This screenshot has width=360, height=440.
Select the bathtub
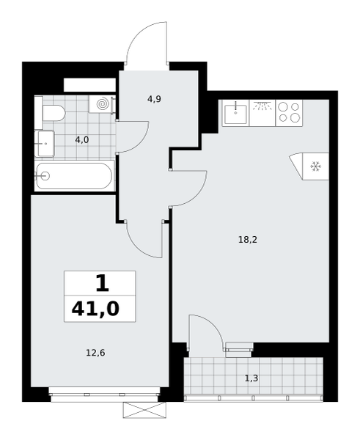click(75, 176)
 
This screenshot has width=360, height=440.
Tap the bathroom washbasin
click(45, 144)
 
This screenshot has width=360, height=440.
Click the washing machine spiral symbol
click(102, 104)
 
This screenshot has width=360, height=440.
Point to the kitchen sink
click(235, 113)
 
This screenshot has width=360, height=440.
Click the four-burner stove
click(289, 113)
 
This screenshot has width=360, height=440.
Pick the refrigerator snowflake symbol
click(316, 166)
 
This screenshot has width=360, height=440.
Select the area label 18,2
click(248, 240)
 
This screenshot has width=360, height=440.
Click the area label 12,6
click(95, 353)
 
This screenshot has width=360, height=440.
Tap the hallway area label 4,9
click(154, 99)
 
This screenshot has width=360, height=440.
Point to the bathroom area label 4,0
click(82, 139)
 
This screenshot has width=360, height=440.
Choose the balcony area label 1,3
click(251, 378)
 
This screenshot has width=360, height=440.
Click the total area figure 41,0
click(95, 309)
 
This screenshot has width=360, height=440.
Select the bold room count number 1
click(102, 283)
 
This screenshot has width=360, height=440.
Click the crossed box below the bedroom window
click(144, 410)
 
